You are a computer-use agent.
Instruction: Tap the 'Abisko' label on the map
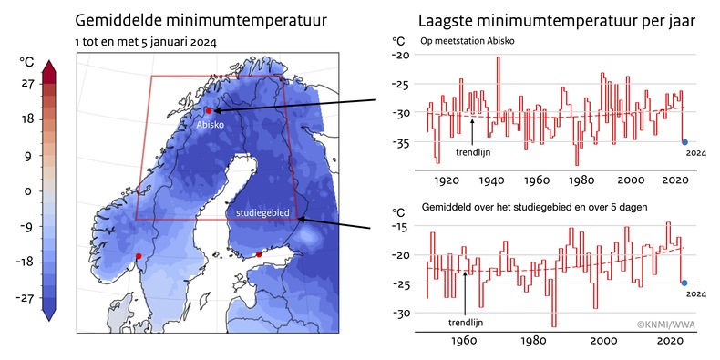pos(211,126)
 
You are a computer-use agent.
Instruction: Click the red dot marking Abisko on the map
pos(209,110)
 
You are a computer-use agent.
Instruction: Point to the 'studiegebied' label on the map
pos(262,212)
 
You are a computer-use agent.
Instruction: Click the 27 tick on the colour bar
pos(27,84)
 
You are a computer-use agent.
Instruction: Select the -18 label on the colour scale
pos(26,261)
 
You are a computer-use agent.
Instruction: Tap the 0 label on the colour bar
pos(28,191)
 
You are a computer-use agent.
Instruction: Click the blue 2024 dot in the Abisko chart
pos(684,141)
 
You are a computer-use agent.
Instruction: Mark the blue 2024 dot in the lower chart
pos(684,283)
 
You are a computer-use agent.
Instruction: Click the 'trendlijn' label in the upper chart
pos(486,152)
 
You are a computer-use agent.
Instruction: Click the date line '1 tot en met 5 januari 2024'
pos(146,43)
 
